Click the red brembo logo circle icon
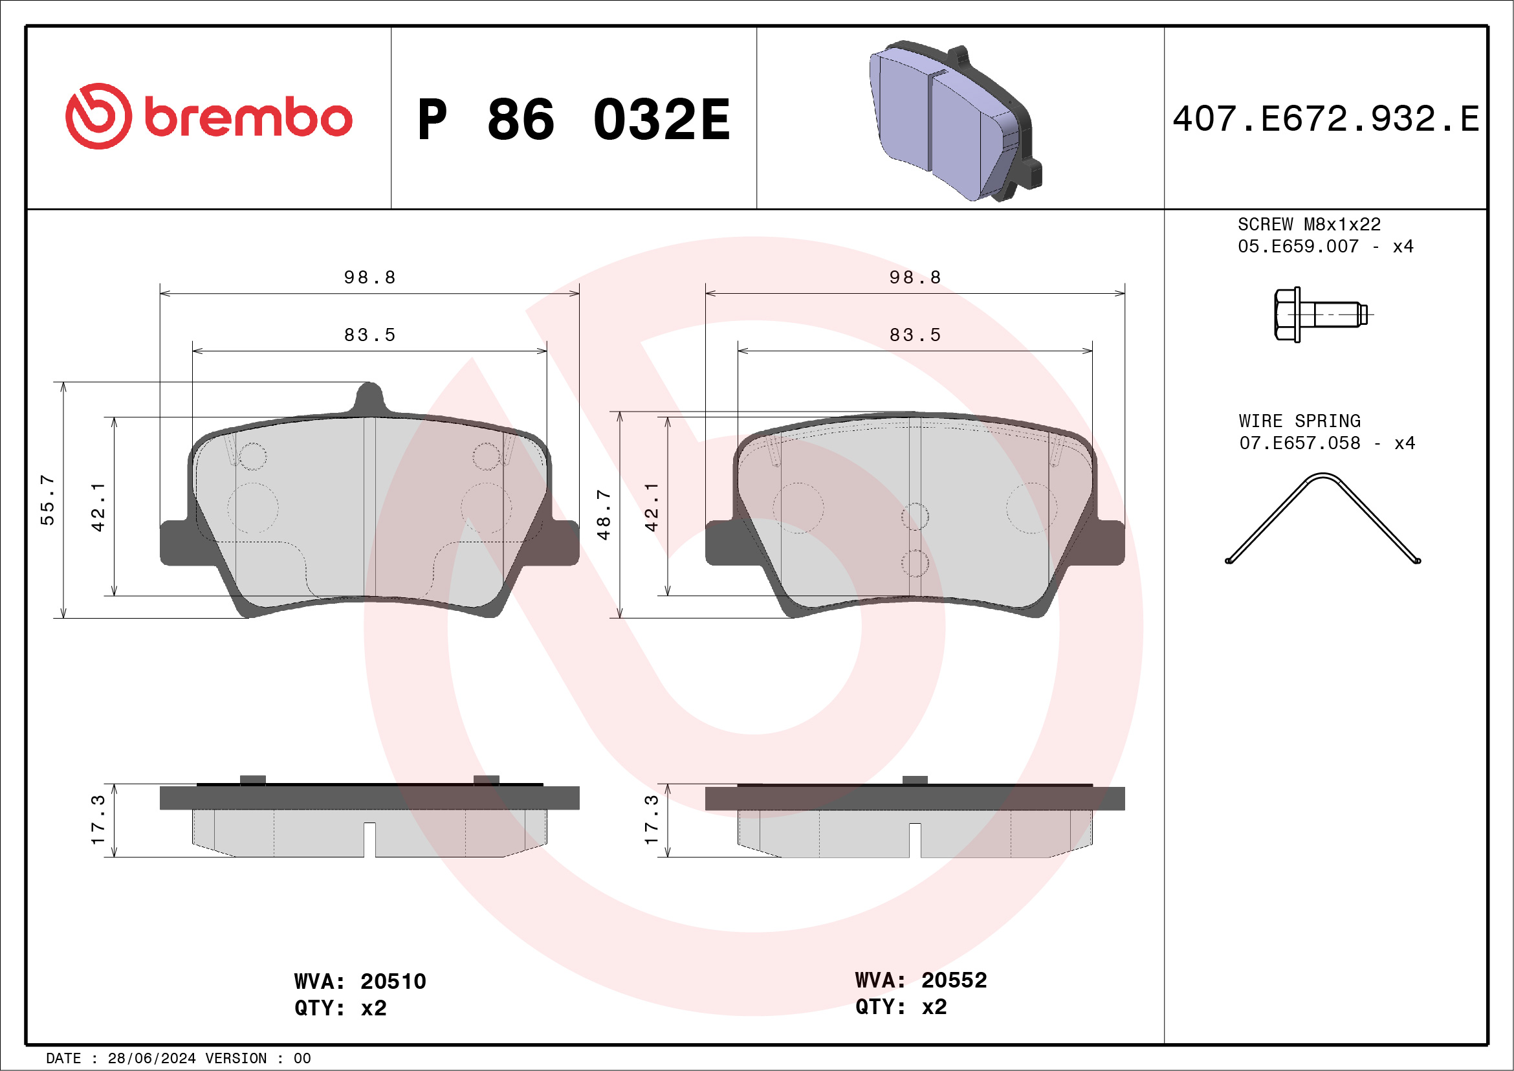[98, 116]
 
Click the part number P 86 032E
[573, 119]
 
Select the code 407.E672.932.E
[1326, 119]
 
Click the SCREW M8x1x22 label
[1308, 224]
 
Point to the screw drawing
[1319, 315]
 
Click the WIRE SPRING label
[1299, 421]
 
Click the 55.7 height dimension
[47, 499]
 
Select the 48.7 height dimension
[604, 514]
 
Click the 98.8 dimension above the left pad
[370, 278]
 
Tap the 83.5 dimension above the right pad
[915, 335]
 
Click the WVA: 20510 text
[360, 981]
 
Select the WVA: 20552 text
[921, 980]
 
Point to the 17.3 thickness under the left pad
[98, 820]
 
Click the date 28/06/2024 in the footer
[151, 1058]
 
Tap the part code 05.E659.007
[1298, 247]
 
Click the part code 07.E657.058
[1299, 443]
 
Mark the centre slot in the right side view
[915, 839]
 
